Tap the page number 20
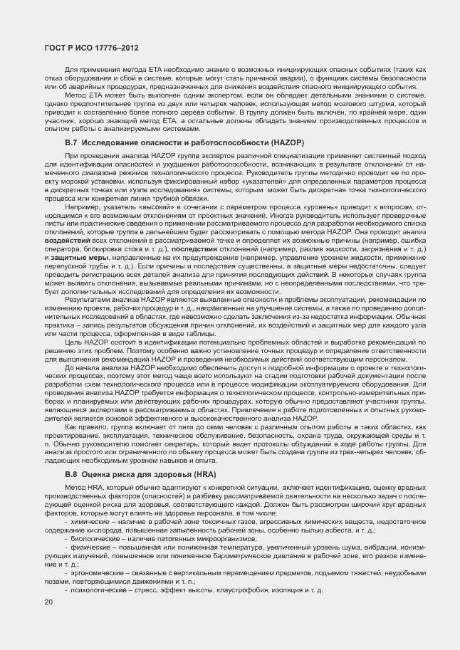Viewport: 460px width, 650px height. tap(48, 602)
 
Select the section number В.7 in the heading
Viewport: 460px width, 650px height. tap(72, 143)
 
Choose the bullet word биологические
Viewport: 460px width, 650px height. tap(93, 539)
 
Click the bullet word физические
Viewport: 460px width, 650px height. tap(88, 547)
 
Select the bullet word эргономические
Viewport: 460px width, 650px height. tap(93, 572)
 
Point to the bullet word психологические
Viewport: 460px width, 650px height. tap(95, 590)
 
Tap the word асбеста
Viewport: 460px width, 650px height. tap(345, 530)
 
